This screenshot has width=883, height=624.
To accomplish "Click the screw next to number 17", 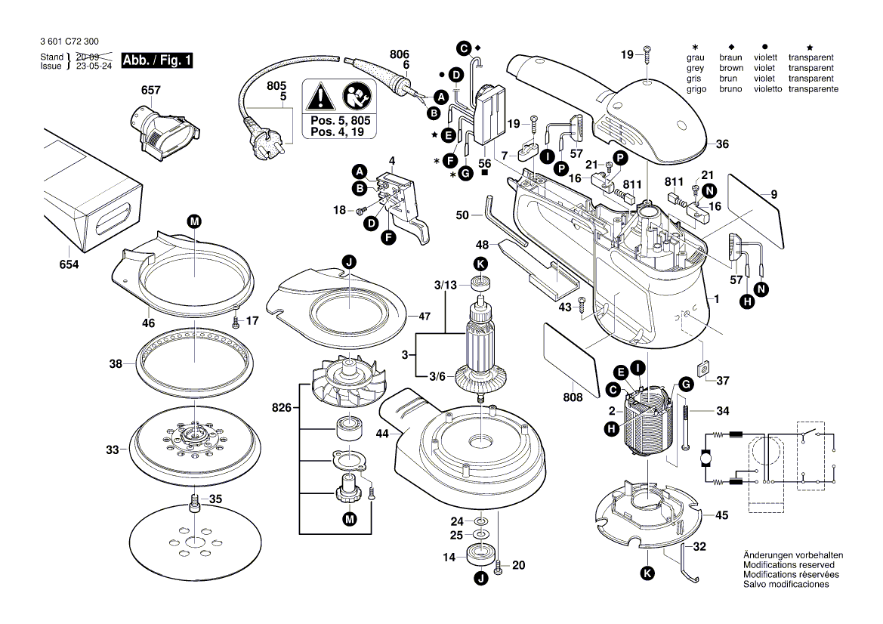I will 236,320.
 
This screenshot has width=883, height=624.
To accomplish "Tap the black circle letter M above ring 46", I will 194,221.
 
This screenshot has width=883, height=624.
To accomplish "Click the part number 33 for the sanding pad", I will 113,450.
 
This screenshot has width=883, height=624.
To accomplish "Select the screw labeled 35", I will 195,502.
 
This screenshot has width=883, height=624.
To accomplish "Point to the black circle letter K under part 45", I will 647,574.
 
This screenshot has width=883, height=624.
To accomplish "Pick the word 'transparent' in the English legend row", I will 810,68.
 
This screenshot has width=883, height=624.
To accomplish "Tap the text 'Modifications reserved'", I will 789,565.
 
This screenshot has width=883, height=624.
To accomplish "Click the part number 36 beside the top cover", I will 722,144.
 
